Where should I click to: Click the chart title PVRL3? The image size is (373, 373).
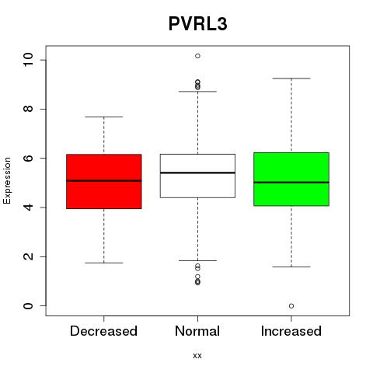tap(198, 24)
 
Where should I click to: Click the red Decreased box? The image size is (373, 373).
tap(104, 181)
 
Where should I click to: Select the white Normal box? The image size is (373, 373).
tap(197, 176)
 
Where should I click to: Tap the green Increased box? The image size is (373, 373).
tap(291, 180)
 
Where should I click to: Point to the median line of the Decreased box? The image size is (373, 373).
tap(104, 181)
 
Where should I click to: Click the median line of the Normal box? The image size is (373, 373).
tap(197, 173)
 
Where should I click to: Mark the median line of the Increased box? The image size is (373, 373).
tap(291, 183)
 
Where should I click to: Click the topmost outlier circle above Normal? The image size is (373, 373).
tap(197, 56)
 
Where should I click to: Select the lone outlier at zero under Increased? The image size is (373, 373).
tap(291, 306)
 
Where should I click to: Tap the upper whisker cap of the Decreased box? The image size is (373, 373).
tap(104, 117)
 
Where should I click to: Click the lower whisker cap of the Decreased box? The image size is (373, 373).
tap(104, 263)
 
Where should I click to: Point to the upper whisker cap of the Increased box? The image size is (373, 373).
tap(291, 78)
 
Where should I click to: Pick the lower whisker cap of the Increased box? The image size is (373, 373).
tap(291, 267)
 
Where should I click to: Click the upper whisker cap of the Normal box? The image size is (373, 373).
tap(197, 92)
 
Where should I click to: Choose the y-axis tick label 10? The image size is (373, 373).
tap(28, 60)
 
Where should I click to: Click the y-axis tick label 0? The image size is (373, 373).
tap(28, 306)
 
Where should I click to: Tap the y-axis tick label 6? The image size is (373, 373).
tap(28, 158)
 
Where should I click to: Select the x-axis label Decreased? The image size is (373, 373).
tap(103, 331)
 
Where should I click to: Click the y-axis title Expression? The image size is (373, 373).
tap(7, 180)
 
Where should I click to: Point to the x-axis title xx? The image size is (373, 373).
tap(197, 356)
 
